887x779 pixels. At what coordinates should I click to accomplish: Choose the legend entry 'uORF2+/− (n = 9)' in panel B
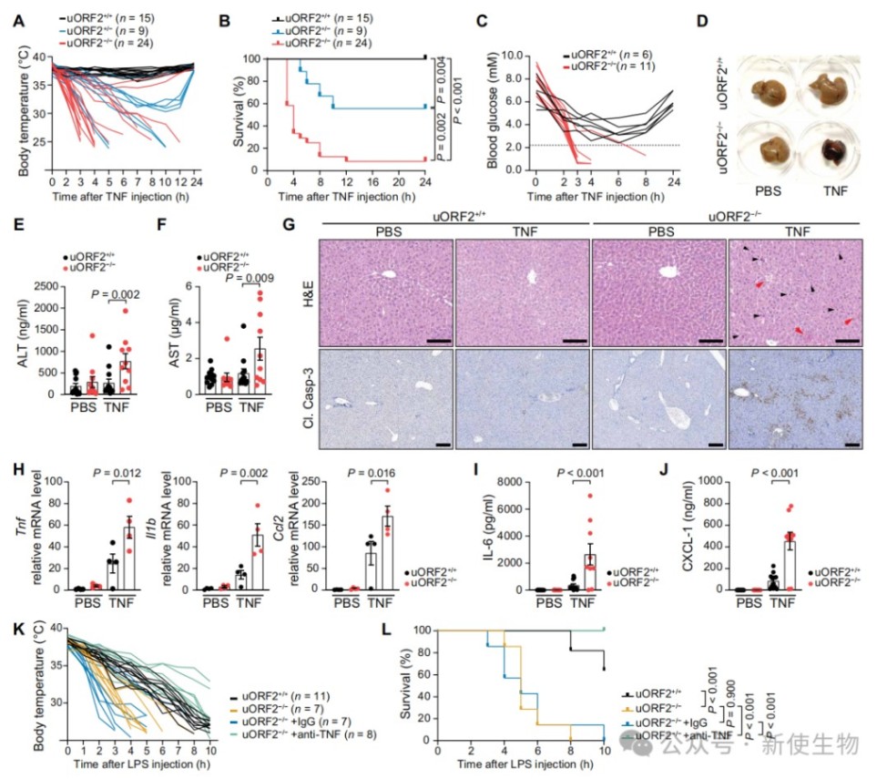(x=335, y=31)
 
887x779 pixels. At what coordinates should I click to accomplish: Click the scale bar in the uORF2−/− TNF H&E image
(x=847, y=342)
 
